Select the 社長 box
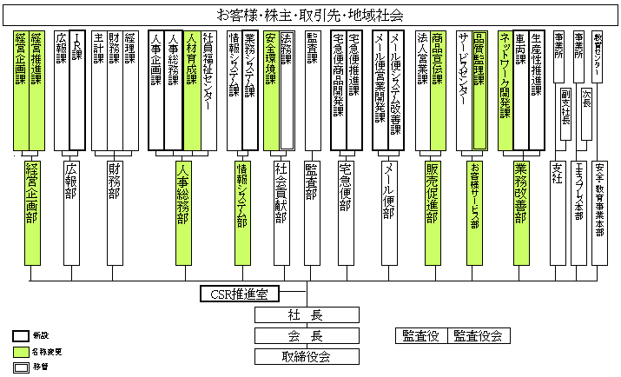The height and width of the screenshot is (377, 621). pos(305,314)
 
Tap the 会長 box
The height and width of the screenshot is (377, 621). pos(305,335)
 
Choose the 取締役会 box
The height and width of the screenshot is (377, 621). pos(305,355)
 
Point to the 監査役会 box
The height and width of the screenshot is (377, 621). pos(477,335)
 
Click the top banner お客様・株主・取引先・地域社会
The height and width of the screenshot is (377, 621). pos(309,16)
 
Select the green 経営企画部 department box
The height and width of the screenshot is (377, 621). pos(32,211)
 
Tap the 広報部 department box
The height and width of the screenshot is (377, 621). pos(72,211)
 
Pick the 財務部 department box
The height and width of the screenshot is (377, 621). pos(114,211)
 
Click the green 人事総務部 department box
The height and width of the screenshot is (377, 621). pos(182,211)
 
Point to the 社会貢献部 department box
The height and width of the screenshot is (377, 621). pos(281,211)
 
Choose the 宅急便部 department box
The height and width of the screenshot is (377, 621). pos(345,211)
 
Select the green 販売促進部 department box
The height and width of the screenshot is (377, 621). pos(432,211)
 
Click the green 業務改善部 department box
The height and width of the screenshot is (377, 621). pos(520,211)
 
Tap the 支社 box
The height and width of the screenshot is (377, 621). pos(558,211)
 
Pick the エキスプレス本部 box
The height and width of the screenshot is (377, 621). pos(578,211)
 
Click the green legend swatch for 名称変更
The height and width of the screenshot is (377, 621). pos(21,352)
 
